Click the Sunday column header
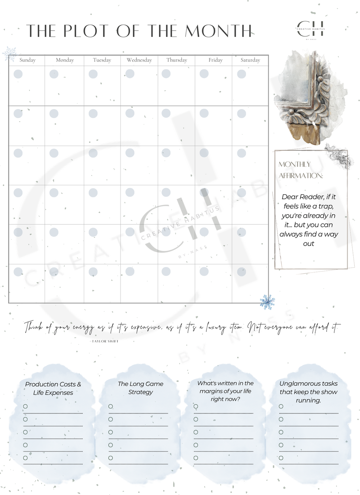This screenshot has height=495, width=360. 27,60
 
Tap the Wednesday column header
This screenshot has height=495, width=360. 139,60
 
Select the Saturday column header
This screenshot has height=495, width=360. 250,60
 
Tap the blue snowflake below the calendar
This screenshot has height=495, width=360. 267,302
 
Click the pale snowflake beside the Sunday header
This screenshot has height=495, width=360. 10,54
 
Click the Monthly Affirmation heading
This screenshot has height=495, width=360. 301,170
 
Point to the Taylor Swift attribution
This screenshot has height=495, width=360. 105,341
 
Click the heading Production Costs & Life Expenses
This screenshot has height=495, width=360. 53,388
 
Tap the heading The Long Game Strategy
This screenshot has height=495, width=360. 140,388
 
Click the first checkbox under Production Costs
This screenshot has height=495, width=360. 25,406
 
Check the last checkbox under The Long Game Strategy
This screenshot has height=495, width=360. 110,458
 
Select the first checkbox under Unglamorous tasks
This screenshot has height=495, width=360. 281,406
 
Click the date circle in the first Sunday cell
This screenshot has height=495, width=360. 18,74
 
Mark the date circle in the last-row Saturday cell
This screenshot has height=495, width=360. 242,272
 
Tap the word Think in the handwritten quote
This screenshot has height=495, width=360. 33,327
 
